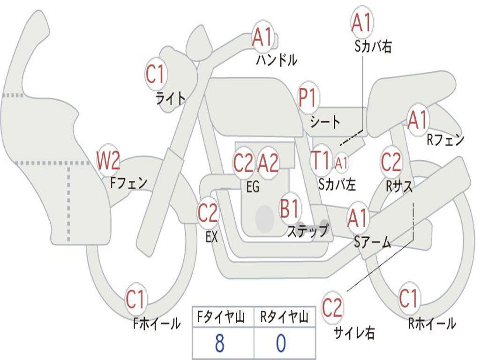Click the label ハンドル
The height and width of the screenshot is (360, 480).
[277, 60]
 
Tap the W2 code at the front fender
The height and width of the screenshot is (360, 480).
[108, 161]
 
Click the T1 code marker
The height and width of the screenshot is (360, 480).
[321, 160]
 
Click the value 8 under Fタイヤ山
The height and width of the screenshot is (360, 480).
[219, 344]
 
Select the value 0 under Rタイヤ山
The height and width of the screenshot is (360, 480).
[281, 344]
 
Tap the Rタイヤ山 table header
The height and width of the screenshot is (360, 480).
[285, 318]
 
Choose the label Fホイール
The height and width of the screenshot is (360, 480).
[157, 323]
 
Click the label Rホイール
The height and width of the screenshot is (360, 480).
[432, 323]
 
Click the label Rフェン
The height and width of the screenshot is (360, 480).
[445, 139]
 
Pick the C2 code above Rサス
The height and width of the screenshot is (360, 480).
[391, 162]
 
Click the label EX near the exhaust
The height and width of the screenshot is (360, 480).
[212, 237]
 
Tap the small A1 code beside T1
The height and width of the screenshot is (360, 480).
[342, 162]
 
